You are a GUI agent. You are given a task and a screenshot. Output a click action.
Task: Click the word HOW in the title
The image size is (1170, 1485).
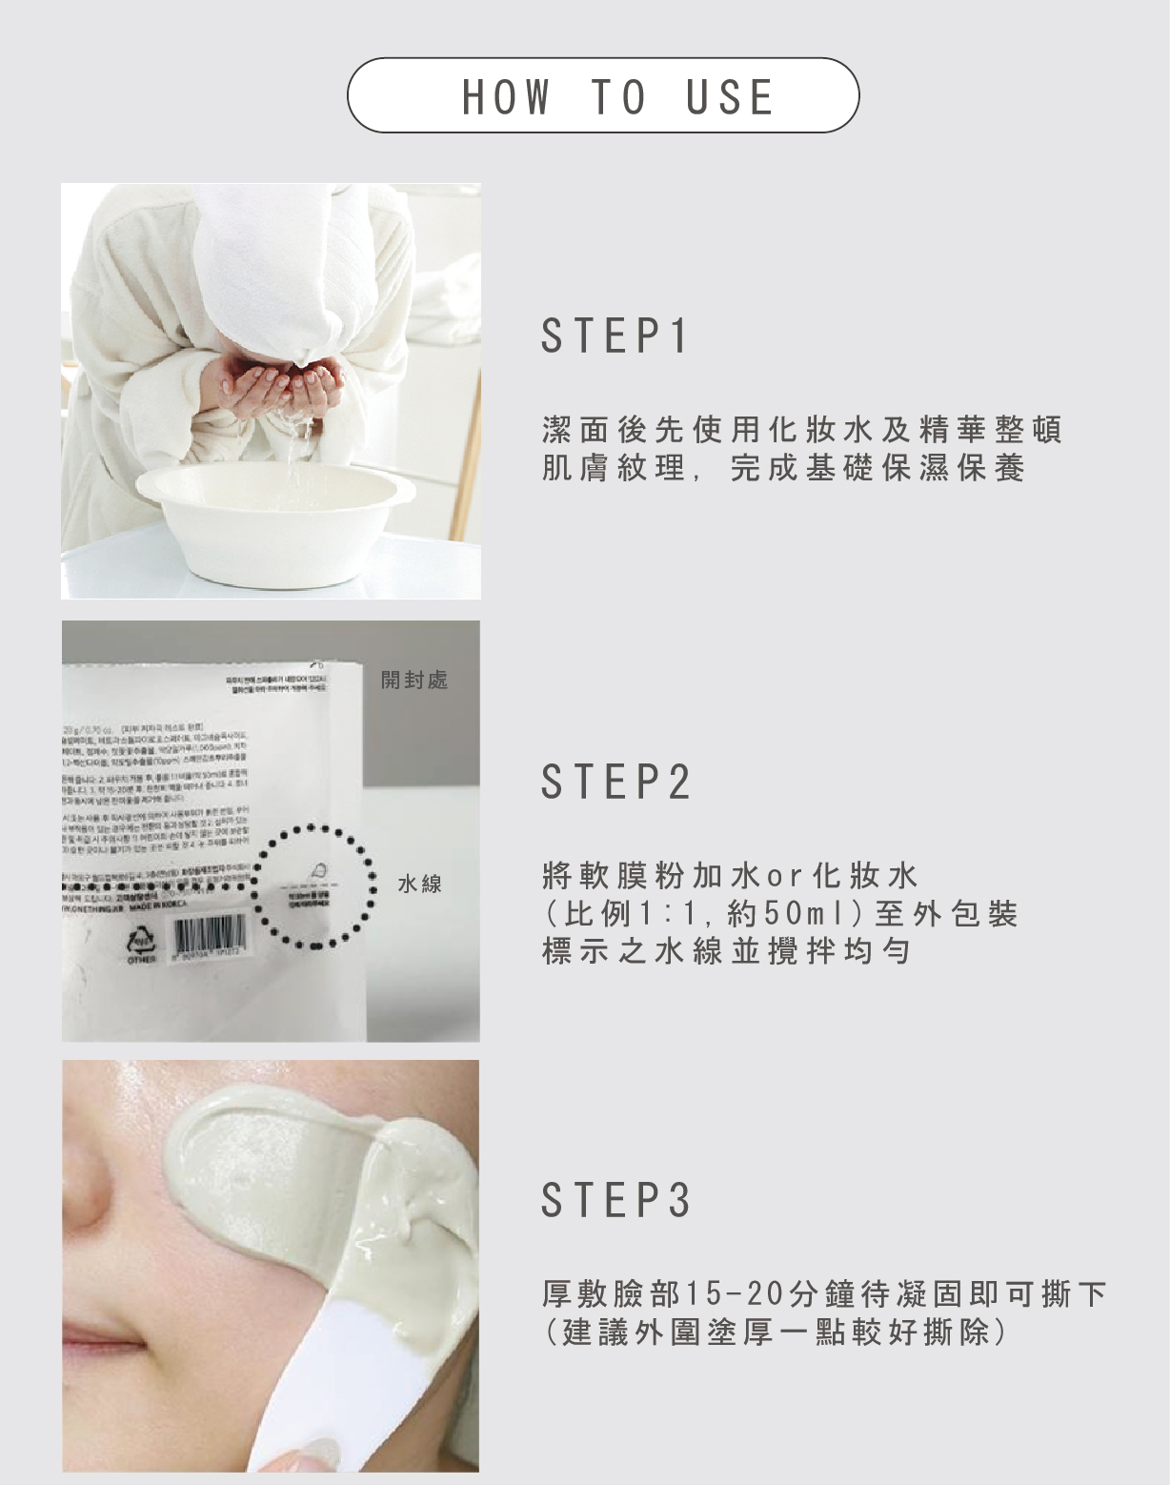tap(506, 96)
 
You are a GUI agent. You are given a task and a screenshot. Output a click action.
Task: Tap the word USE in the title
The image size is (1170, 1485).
tap(730, 96)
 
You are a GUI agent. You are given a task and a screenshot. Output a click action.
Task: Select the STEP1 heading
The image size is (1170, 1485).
tap(615, 336)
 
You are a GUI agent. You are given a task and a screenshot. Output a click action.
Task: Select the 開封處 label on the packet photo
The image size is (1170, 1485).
tap(414, 680)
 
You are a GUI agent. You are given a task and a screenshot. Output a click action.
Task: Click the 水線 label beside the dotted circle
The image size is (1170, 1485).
tap(420, 884)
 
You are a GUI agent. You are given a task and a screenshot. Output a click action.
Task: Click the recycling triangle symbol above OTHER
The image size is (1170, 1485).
tap(139, 940)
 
